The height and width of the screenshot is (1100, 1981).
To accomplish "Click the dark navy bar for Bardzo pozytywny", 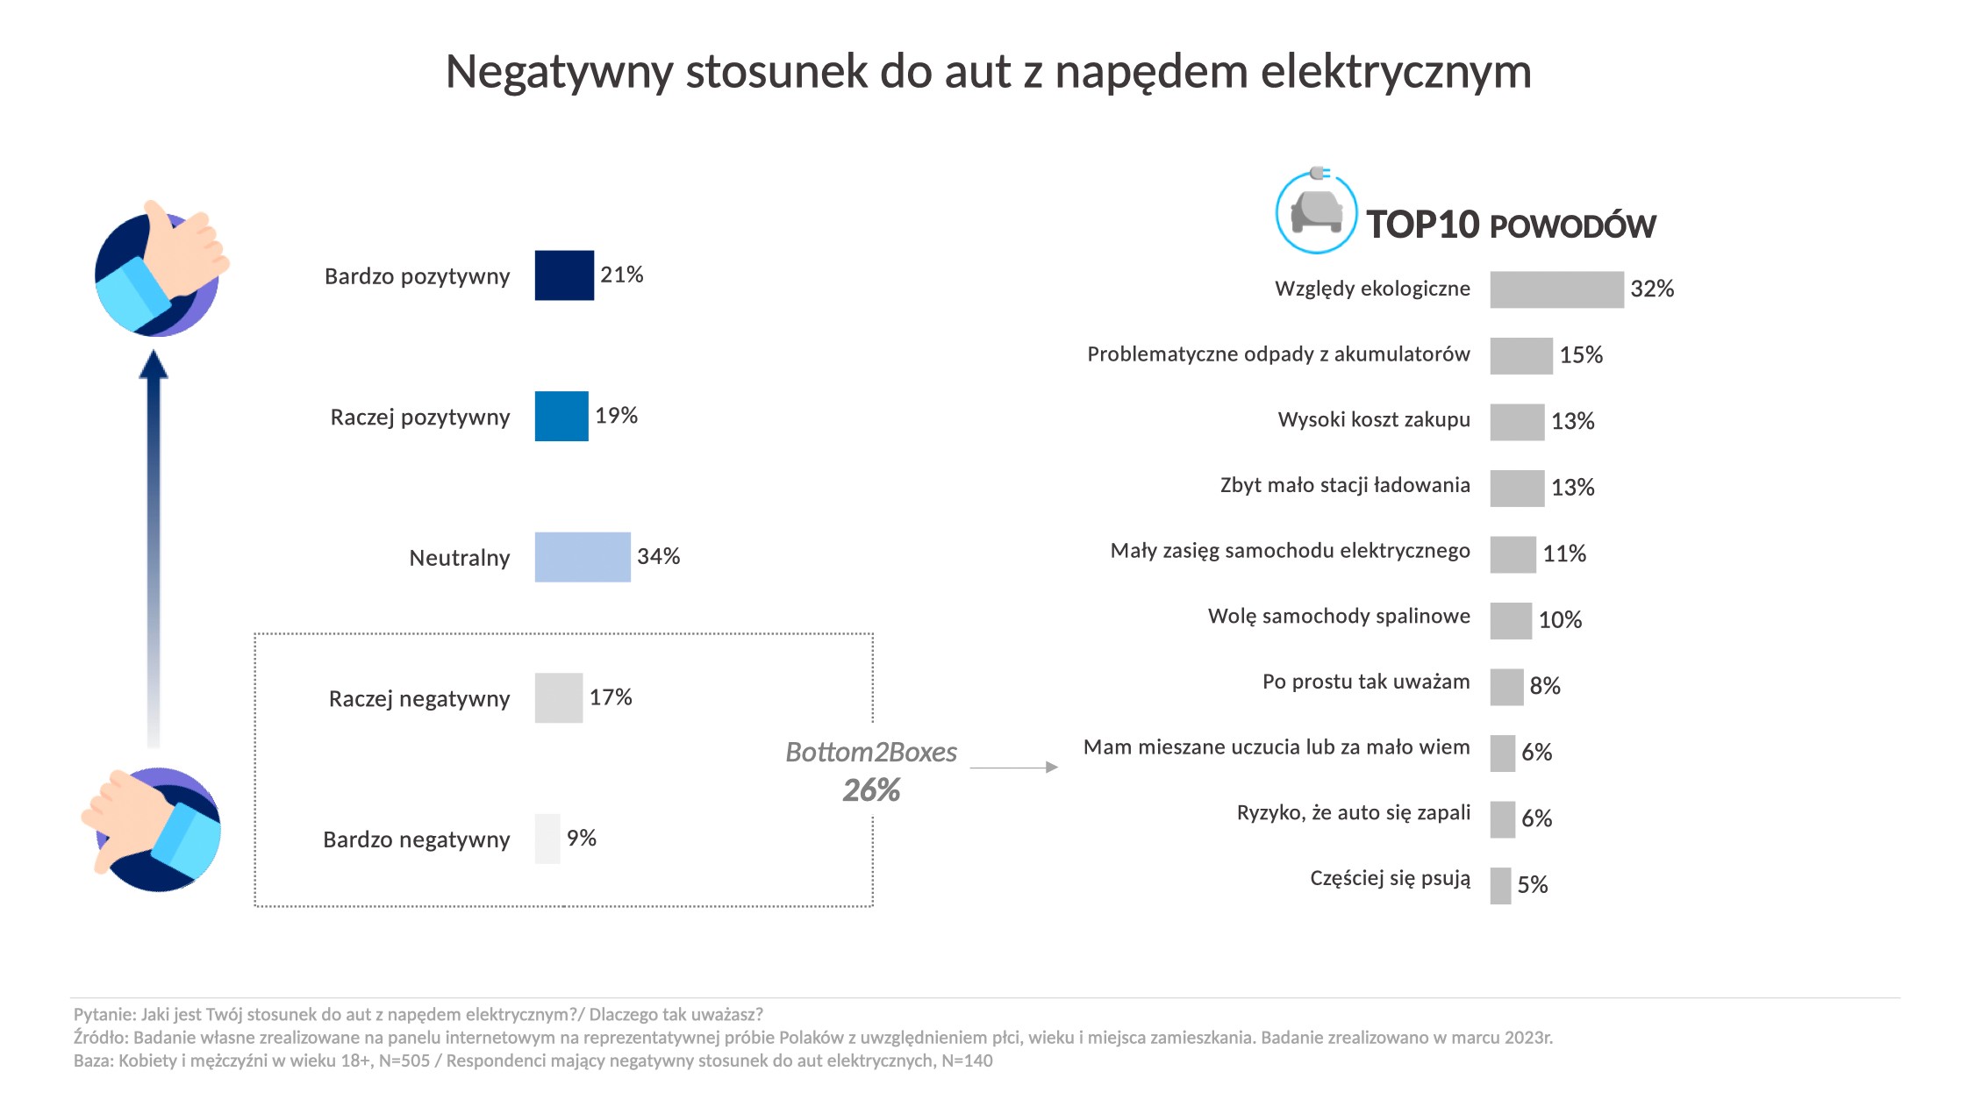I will [564, 275].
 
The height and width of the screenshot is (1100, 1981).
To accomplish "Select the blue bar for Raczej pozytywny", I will [561, 416].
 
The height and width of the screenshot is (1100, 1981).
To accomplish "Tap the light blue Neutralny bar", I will [583, 557].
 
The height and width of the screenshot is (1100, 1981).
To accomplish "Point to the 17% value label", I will [611, 697].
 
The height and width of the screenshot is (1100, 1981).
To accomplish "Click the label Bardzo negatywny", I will [417, 839].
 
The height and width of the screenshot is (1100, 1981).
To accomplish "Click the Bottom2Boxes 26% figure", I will [871, 790].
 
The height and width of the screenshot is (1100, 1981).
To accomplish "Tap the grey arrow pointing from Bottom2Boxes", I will [1013, 768].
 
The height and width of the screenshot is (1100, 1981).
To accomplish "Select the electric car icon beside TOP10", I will [1316, 213].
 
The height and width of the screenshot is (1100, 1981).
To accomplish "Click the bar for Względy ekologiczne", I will [1556, 289].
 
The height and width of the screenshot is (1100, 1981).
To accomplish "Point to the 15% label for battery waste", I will [1581, 355].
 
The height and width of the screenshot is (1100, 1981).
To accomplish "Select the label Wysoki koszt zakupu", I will [1374, 420].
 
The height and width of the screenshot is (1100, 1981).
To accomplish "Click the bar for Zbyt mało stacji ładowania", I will [1517, 488].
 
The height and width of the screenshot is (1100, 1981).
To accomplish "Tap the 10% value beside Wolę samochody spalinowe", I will [1560, 620].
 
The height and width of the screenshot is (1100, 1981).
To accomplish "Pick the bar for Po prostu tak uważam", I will [1506, 687].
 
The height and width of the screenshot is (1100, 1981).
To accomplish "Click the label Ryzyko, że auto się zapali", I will [1354, 813].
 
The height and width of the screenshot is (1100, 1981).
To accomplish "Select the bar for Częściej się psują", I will [1500, 885].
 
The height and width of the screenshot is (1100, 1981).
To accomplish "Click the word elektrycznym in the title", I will [1396, 72].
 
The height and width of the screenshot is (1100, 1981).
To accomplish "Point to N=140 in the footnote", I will [967, 1061].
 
